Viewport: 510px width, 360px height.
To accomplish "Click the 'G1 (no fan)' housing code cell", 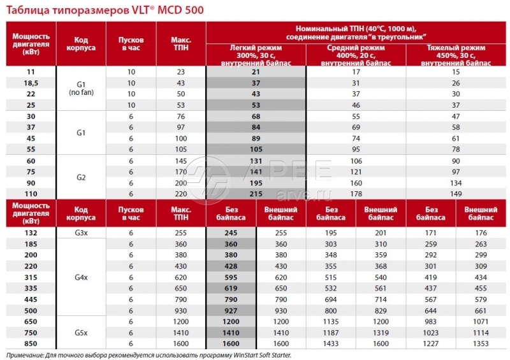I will click(81, 88).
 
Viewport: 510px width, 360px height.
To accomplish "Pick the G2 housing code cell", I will click(81, 176).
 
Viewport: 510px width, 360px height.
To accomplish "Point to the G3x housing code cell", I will click(81, 233).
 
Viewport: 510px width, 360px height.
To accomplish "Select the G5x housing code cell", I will click(81, 333).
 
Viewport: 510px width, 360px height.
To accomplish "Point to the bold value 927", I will click(231, 310).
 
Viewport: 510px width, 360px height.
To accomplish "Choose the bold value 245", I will click(231, 233).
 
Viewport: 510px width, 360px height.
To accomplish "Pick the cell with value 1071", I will click(481, 322).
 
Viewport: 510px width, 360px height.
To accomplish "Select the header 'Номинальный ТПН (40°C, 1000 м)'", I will click(356, 29).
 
